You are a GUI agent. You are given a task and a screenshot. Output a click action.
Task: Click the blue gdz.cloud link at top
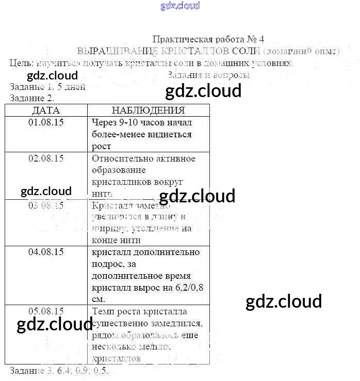tap(180, 6)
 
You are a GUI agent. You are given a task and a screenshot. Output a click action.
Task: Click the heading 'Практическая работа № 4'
tap(208, 40)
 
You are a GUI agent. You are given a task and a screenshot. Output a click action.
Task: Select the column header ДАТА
tap(46, 110)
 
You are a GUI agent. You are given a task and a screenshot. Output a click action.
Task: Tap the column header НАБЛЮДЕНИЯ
tap(148, 110)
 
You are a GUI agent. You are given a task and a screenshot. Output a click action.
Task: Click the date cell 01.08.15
tap(46, 122)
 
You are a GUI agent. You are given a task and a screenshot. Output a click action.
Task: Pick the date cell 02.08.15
tap(46, 158)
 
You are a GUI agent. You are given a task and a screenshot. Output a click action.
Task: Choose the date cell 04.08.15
tap(46, 252)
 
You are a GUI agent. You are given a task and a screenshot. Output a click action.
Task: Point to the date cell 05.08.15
tap(46, 311)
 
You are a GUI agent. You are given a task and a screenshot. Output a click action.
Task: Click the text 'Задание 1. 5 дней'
tap(47, 87)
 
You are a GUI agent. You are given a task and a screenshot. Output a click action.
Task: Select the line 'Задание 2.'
tap(32, 98)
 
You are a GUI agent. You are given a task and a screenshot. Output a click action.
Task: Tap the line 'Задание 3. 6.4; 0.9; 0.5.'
tap(59, 371)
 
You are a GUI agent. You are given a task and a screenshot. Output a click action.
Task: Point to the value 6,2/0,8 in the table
tap(176, 288)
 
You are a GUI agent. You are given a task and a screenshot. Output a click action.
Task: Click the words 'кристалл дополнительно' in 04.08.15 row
tap(145, 252)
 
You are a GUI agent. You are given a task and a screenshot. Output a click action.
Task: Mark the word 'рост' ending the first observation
tap(102, 146)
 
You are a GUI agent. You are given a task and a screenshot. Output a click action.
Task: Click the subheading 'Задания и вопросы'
tap(209, 75)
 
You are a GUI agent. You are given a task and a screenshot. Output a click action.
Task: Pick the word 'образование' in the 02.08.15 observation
tap(119, 170)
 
